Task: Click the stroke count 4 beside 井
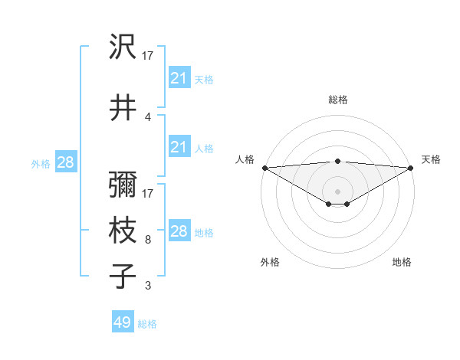click(x=147, y=117)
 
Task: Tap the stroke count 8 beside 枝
click(x=147, y=240)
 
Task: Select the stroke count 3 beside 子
click(x=147, y=286)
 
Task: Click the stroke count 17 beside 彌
click(x=148, y=194)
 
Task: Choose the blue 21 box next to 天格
click(x=179, y=78)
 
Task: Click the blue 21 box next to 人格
click(x=179, y=147)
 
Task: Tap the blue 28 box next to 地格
click(x=179, y=231)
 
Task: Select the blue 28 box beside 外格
click(x=65, y=162)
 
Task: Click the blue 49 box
click(x=123, y=322)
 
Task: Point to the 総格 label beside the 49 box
click(x=147, y=324)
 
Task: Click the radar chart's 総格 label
click(x=338, y=100)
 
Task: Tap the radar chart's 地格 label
click(x=402, y=262)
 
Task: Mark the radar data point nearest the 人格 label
click(x=264, y=168)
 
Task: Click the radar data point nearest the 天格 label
click(x=411, y=168)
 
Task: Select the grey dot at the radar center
click(x=337, y=191)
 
